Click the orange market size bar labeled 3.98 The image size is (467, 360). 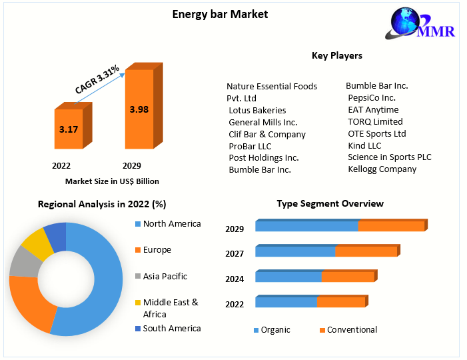[139, 109]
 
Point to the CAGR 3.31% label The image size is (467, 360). [97, 79]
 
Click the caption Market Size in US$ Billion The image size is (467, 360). [112, 181]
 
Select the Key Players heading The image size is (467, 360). [337, 55]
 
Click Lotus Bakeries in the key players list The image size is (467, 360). [257, 110]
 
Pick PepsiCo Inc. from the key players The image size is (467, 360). [371, 97]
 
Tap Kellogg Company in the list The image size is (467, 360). [382, 169]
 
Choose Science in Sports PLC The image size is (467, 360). [389, 157]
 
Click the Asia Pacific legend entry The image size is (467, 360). [165, 276]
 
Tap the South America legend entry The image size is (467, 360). [171, 328]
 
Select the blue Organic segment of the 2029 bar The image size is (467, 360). [306, 227]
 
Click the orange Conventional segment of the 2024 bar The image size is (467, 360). [348, 277]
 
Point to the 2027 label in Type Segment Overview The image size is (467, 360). [234, 254]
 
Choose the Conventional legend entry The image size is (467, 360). [352, 329]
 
